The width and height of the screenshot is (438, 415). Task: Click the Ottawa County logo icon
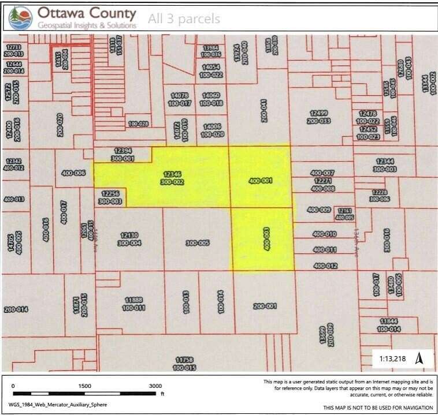(21, 18)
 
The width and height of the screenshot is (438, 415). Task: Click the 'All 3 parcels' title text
(184, 19)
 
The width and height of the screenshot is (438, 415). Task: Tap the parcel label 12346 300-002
(173, 177)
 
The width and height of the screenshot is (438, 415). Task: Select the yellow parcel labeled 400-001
(260, 181)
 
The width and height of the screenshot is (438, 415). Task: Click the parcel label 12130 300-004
(129, 239)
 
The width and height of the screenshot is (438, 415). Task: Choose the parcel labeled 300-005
(197, 243)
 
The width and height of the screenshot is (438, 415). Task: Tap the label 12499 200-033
(319, 117)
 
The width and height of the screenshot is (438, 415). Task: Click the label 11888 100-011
(133, 304)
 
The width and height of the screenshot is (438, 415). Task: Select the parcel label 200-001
(265, 306)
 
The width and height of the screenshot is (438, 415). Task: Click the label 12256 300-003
(110, 198)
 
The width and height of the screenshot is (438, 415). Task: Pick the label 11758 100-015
(184, 364)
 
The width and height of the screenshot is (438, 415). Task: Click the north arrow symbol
(420, 358)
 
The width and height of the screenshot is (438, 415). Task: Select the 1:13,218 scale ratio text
(392, 359)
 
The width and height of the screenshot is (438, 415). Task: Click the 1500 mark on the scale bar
(85, 386)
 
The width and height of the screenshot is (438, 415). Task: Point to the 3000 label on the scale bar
(155, 386)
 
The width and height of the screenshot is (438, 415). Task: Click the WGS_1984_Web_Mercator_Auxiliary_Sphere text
(58, 405)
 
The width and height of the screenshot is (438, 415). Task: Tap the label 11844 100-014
(390, 324)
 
